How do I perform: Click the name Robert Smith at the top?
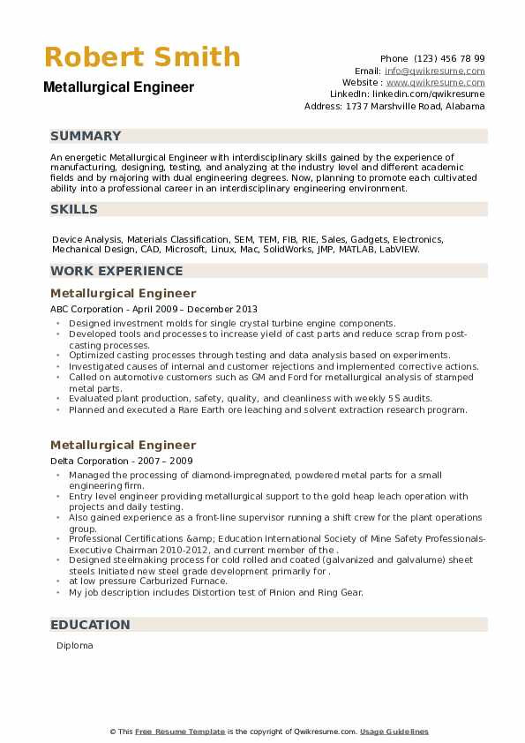(141, 57)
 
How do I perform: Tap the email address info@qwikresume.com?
(434, 71)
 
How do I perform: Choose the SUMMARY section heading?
(86, 136)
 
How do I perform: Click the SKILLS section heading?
(74, 209)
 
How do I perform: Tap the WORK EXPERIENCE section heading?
(116, 271)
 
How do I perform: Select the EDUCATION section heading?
(90, 625)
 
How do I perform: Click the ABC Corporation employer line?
(154, 310)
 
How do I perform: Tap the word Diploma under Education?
(74, 646)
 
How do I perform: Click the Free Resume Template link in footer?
(181, 732)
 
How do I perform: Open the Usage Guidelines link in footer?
(394, 732)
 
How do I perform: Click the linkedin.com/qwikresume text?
(433, 94)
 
